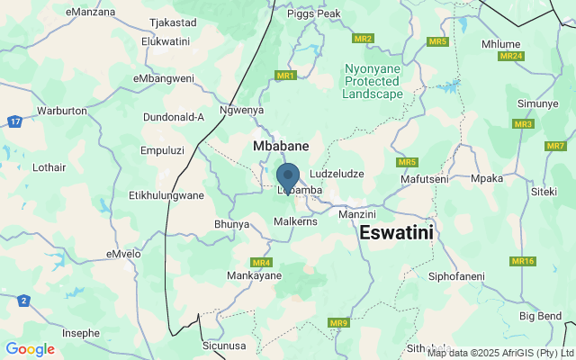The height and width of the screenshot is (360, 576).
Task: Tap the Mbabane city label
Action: [x=281, y=145]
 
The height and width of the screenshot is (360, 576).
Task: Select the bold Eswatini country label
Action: [x=396, y=232]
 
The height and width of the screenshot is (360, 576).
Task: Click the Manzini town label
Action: [x=356, y=215]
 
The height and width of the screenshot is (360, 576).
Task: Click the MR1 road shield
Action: [x=286, y=76]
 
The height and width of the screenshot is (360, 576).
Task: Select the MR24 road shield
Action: [x=511, y=56]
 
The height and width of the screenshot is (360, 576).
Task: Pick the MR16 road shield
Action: [x=523, y=261]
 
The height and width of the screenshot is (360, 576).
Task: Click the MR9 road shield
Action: [x=338, y=323]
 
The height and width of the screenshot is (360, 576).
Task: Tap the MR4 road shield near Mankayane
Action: [x=262, y=263]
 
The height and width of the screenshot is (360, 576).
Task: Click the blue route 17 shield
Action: [x=14, y=121]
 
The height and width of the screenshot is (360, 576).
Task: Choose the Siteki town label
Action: [x=544, y=191]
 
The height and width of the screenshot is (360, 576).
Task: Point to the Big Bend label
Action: [x=540, y=316]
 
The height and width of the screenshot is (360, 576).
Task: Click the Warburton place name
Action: [x=61, y=111]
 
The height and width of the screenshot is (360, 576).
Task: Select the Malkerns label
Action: [x=296, y=220]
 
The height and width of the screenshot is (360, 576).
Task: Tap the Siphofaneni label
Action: [x=456, y=275]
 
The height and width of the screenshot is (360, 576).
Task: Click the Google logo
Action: [x=30, y=349]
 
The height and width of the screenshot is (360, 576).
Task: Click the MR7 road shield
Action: [x=555, y=146]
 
